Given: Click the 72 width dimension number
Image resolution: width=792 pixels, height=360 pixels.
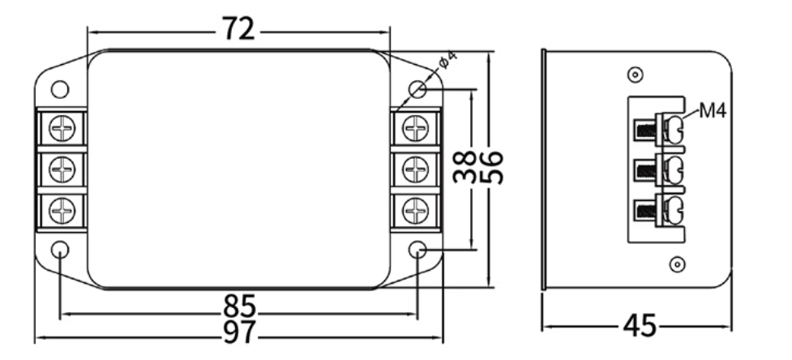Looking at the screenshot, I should click(238, 30).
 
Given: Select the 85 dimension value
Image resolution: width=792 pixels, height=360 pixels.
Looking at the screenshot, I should click(239, 307).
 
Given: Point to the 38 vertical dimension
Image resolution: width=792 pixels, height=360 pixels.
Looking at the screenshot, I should click(464, 167).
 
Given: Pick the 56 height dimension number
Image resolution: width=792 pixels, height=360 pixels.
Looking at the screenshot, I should click(492, 167).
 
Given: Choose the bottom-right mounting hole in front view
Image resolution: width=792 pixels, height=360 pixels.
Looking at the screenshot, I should click(417, 249).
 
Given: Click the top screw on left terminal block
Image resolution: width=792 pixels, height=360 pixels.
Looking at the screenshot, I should click(62, 128).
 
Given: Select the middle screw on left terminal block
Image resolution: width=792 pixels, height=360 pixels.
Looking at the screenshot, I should click(62, 169).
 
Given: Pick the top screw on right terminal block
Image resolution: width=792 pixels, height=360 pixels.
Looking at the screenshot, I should click(415, 128).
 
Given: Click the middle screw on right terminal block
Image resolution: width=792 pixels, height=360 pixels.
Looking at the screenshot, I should click(415, 169).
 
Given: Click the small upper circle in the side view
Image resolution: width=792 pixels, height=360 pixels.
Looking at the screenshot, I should click(635, 75).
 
